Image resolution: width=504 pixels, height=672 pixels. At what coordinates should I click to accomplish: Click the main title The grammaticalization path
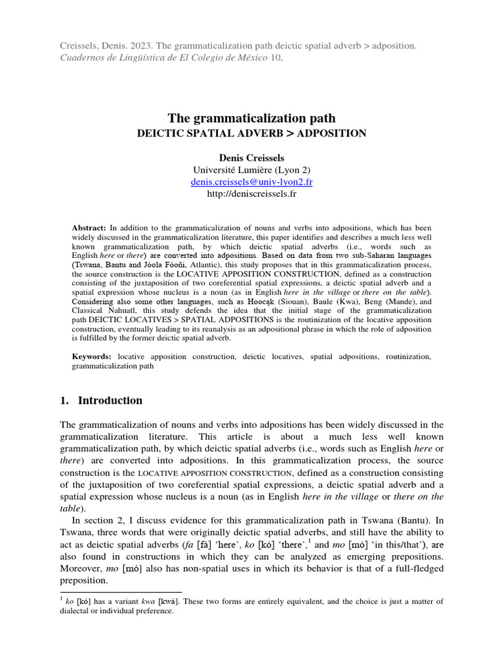tap(251, 118)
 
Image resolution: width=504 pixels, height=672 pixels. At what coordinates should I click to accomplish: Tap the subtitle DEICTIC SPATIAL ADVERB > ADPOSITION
tap(251, 133)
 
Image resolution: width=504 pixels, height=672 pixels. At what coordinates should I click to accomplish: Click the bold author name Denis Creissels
tap(251, 157)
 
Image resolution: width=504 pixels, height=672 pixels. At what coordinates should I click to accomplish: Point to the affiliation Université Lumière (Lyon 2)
tap(251, 170)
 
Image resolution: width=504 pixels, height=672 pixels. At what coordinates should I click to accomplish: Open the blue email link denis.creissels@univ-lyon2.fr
tap(251, 182)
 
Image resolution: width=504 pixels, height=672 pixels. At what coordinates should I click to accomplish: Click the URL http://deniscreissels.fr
tap(251, 194)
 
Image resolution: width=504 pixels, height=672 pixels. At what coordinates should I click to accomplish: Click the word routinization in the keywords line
tap(412, 356)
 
